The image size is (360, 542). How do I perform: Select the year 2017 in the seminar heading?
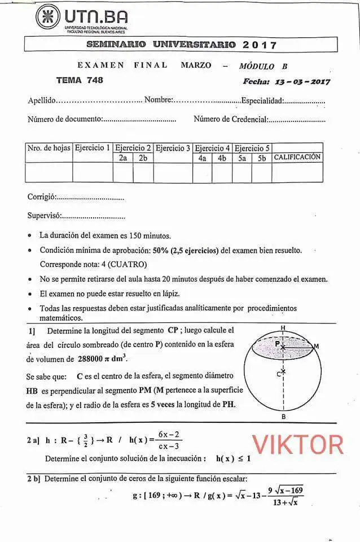[260, 45]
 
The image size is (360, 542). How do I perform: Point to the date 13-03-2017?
[302, 81]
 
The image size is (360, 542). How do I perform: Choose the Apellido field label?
[42, 100]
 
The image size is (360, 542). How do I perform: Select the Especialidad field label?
[262, 100]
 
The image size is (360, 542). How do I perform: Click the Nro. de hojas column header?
[49, 148]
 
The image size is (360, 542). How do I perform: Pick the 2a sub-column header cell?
[123, 158]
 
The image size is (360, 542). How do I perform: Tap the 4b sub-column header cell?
[222, 158]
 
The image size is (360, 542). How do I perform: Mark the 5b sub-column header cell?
[262, 158]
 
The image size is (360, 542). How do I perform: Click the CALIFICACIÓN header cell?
[297, 158]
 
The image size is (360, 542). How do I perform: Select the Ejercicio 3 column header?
[173, 148]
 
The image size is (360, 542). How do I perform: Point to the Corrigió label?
[41, 197]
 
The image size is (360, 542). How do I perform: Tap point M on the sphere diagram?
[316, 346]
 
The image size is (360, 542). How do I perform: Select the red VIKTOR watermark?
[297, 444]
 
